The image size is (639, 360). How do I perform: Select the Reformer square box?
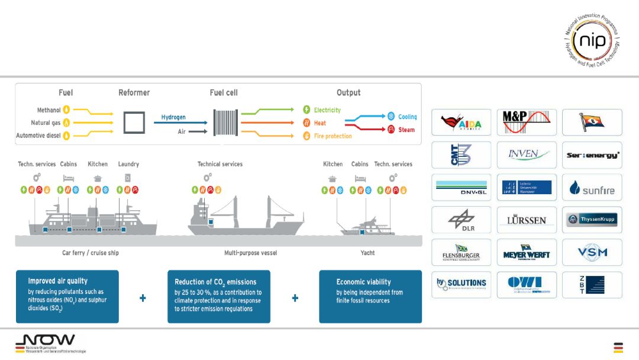tap(134, 123)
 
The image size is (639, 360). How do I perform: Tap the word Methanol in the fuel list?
tap(49, 110)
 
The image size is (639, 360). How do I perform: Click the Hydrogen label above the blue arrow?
tap(173, 117)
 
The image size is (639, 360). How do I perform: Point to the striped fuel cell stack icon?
tap(225, 123)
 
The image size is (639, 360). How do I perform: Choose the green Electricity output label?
tap(327, 110)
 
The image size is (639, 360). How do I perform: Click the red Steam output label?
tap(406, 130)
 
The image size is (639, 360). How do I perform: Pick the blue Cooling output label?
tap(407, 117)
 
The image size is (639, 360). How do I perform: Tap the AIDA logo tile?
tap(461, 123)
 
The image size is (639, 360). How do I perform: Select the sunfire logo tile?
tap(592, 188)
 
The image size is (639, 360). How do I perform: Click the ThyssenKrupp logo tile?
tap(592, 220)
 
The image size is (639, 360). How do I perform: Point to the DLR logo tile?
tap(461, 220)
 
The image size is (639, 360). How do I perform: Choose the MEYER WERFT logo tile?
tap(526, 252)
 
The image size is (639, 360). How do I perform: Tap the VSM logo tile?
tap(592, 252)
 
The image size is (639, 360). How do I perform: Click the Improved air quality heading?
tap(57, 281)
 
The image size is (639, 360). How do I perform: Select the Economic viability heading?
tap(363, 282)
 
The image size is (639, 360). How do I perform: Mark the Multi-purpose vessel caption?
tap(250, 253)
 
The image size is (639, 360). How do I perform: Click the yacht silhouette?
tap(367, 227)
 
